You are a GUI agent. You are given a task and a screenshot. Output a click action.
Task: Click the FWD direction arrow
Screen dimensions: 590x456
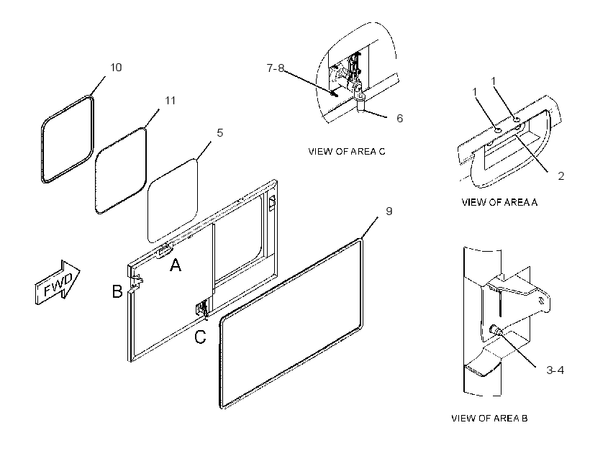(x=58, y=282)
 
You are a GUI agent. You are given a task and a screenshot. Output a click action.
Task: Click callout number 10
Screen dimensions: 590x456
(x=116, y=68)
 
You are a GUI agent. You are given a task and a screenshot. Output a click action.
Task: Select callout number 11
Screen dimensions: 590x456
(x=170, y=101)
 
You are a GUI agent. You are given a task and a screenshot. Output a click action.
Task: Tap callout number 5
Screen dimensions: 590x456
(x=219, y=133)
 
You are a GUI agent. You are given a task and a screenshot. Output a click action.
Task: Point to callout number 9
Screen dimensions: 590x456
(x=389, y=211)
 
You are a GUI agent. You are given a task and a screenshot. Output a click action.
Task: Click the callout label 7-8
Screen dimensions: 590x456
(x=276, y=68)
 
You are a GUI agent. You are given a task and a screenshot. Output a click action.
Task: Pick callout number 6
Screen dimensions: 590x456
(x=399, y=119)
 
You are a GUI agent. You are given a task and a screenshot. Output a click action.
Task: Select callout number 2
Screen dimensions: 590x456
(x=560, y=175)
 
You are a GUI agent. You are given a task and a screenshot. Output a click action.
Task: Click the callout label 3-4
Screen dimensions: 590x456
(x=555, y=370)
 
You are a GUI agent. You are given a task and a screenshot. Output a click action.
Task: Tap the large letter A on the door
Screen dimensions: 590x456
(x=176, y=265)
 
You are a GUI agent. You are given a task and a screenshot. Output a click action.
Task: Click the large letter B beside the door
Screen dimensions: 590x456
(x=117, y=291)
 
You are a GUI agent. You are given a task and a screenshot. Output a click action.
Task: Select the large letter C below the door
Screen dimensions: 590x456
(x=200, y=337)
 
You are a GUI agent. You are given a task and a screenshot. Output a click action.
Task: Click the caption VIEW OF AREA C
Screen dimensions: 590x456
(x=347, y=151)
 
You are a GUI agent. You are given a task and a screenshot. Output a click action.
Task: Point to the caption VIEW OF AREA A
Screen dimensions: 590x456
(x=499, y=202)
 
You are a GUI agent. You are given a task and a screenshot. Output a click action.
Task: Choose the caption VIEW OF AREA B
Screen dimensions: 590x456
(x=489, y=418)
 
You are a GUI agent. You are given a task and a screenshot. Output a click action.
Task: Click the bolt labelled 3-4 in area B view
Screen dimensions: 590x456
(x=495, y=331)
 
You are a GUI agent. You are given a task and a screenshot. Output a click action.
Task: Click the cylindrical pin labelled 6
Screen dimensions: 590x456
(x=361, y=103)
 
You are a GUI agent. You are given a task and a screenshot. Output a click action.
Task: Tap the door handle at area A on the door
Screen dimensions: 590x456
(x=165, y=252)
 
